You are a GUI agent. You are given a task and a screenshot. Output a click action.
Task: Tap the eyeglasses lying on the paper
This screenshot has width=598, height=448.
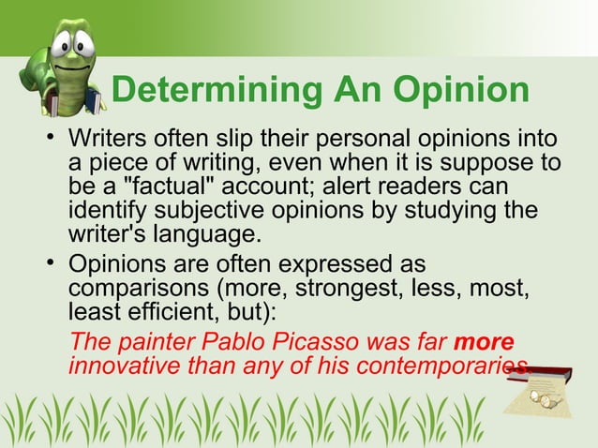(545, 398)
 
